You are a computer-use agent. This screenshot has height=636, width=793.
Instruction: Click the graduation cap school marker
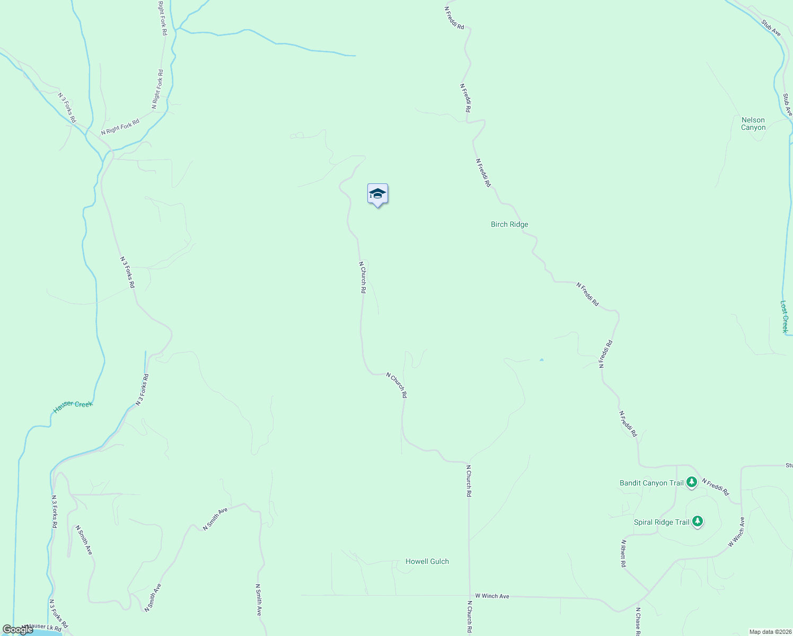[377, 194]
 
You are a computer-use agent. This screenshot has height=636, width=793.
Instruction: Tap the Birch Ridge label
[509, 225]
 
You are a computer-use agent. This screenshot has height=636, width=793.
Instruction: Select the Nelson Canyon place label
[753, 123]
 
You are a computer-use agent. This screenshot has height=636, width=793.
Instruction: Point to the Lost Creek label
[784, 316]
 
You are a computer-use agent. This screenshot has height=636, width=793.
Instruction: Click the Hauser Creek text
[73, 407]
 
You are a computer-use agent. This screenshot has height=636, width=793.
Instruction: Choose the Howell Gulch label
[427, 561]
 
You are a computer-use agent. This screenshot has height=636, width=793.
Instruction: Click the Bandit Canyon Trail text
[651, 483]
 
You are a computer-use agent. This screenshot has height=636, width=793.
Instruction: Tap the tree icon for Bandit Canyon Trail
[691, 482]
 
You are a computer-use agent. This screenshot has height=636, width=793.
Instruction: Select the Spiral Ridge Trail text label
[662, 522]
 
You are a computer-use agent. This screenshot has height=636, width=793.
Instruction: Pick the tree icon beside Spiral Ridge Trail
[698, 522]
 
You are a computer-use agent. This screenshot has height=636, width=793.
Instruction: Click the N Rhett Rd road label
[623, 554]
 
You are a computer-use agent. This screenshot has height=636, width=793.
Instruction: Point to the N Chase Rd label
[638, 622]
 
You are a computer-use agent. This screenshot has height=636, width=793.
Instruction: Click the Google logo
[17, 630]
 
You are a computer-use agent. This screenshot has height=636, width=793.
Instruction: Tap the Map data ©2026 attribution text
[770, 632]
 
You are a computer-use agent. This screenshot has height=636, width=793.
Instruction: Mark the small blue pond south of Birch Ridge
[541, 360]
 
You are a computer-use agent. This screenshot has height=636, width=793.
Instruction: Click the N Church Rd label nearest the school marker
[363, 277]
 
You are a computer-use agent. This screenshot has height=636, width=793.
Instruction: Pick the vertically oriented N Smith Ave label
[259, 600]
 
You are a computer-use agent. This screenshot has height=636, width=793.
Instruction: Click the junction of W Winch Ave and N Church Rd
[469, 596]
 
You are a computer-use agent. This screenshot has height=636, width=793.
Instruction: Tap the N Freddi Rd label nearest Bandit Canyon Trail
[715, 487]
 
